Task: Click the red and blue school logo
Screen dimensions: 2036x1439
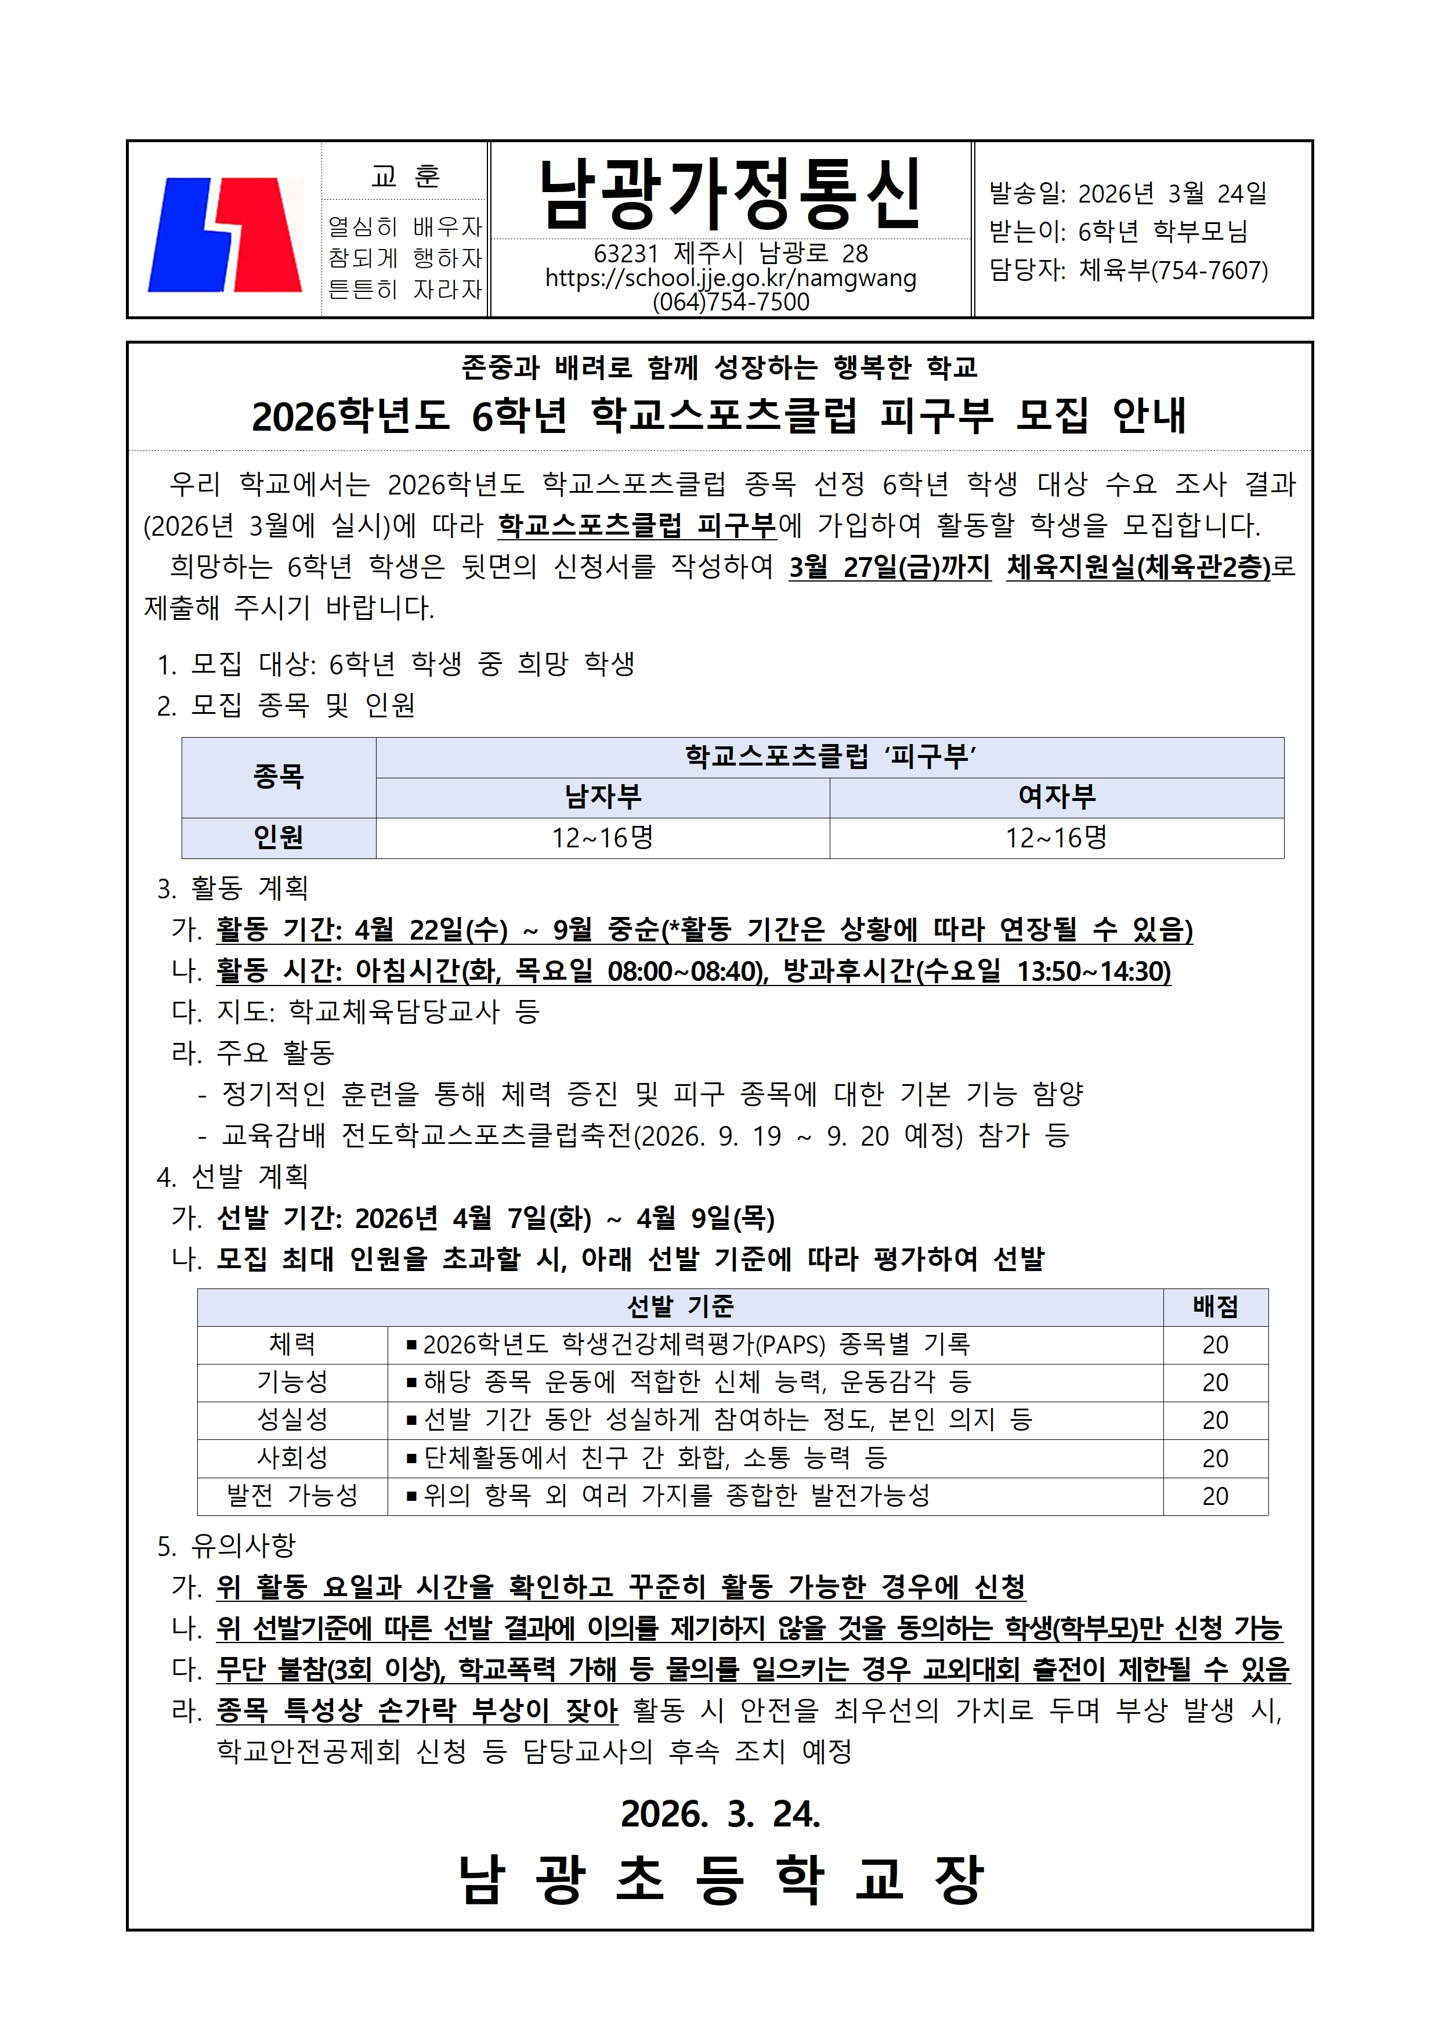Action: [x=225, y=234]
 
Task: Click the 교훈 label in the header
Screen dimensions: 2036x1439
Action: [x=405, y=176]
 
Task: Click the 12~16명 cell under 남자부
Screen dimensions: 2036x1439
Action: [x=603, y=837]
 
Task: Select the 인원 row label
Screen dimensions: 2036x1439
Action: [x=279, y=837]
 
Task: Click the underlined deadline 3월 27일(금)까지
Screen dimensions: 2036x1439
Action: [x=890, y=566]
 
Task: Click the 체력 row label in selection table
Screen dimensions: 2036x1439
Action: [x=292, y=1344]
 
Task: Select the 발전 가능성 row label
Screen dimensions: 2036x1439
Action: [x=292, y=1496]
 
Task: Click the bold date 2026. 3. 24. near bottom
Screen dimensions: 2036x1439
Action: [x=720, y=1814]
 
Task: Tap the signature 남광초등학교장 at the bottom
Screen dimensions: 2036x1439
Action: [x=720, y=1878]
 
